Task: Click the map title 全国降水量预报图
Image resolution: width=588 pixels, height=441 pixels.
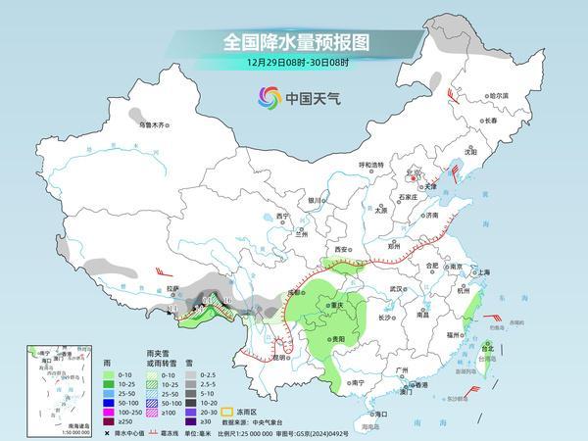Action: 293,42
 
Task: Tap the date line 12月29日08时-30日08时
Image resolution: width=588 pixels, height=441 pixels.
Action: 293,62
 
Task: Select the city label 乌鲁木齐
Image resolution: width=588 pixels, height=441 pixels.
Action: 154,125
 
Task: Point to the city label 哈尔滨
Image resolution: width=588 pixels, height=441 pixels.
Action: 499,96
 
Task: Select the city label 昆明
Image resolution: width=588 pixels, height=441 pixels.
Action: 281,357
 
